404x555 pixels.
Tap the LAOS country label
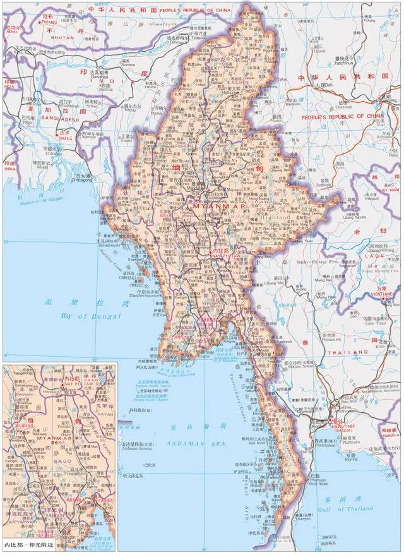click(x=381, y=258)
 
